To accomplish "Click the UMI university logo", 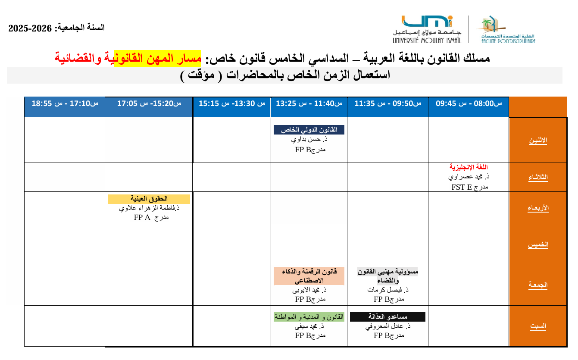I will [427, 29].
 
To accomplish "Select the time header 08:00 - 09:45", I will [469, 103].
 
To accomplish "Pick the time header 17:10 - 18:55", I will [65, 103].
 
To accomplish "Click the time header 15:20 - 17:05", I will [149, 103].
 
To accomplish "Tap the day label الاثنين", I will [538, 141].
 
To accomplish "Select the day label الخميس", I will [538, 244].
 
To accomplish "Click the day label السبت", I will [538, 326].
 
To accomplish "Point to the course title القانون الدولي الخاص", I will [309, 130].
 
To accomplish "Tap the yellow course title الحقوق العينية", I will [149, 199].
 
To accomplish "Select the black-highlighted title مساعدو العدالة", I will [387, 317].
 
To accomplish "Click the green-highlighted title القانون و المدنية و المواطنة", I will [309, 317].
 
